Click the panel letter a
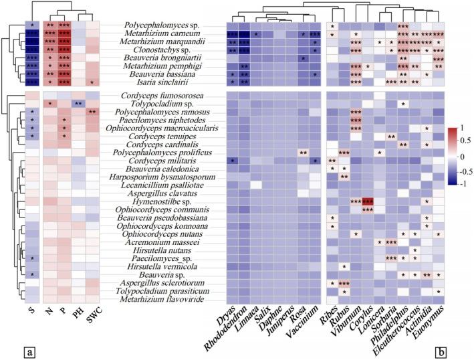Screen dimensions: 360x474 (x=11, y=349)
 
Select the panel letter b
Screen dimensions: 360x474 (x=463, y=348)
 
